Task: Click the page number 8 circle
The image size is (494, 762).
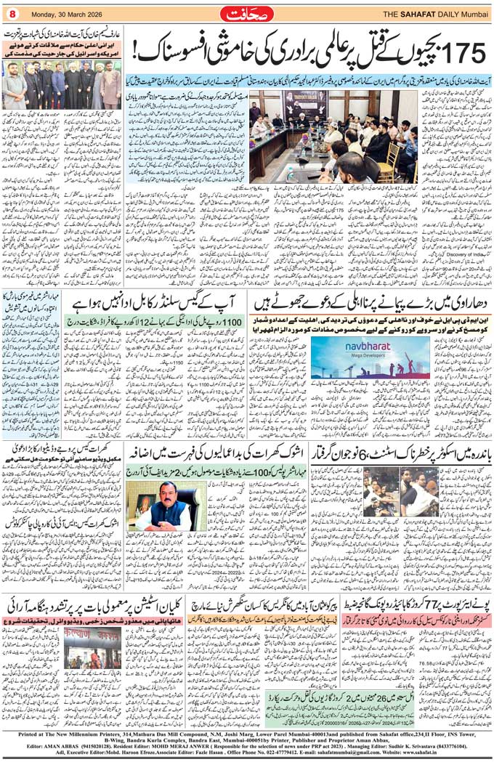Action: click(x=13, y=13)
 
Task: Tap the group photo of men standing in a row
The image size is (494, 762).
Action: click(x=61, y=86)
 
